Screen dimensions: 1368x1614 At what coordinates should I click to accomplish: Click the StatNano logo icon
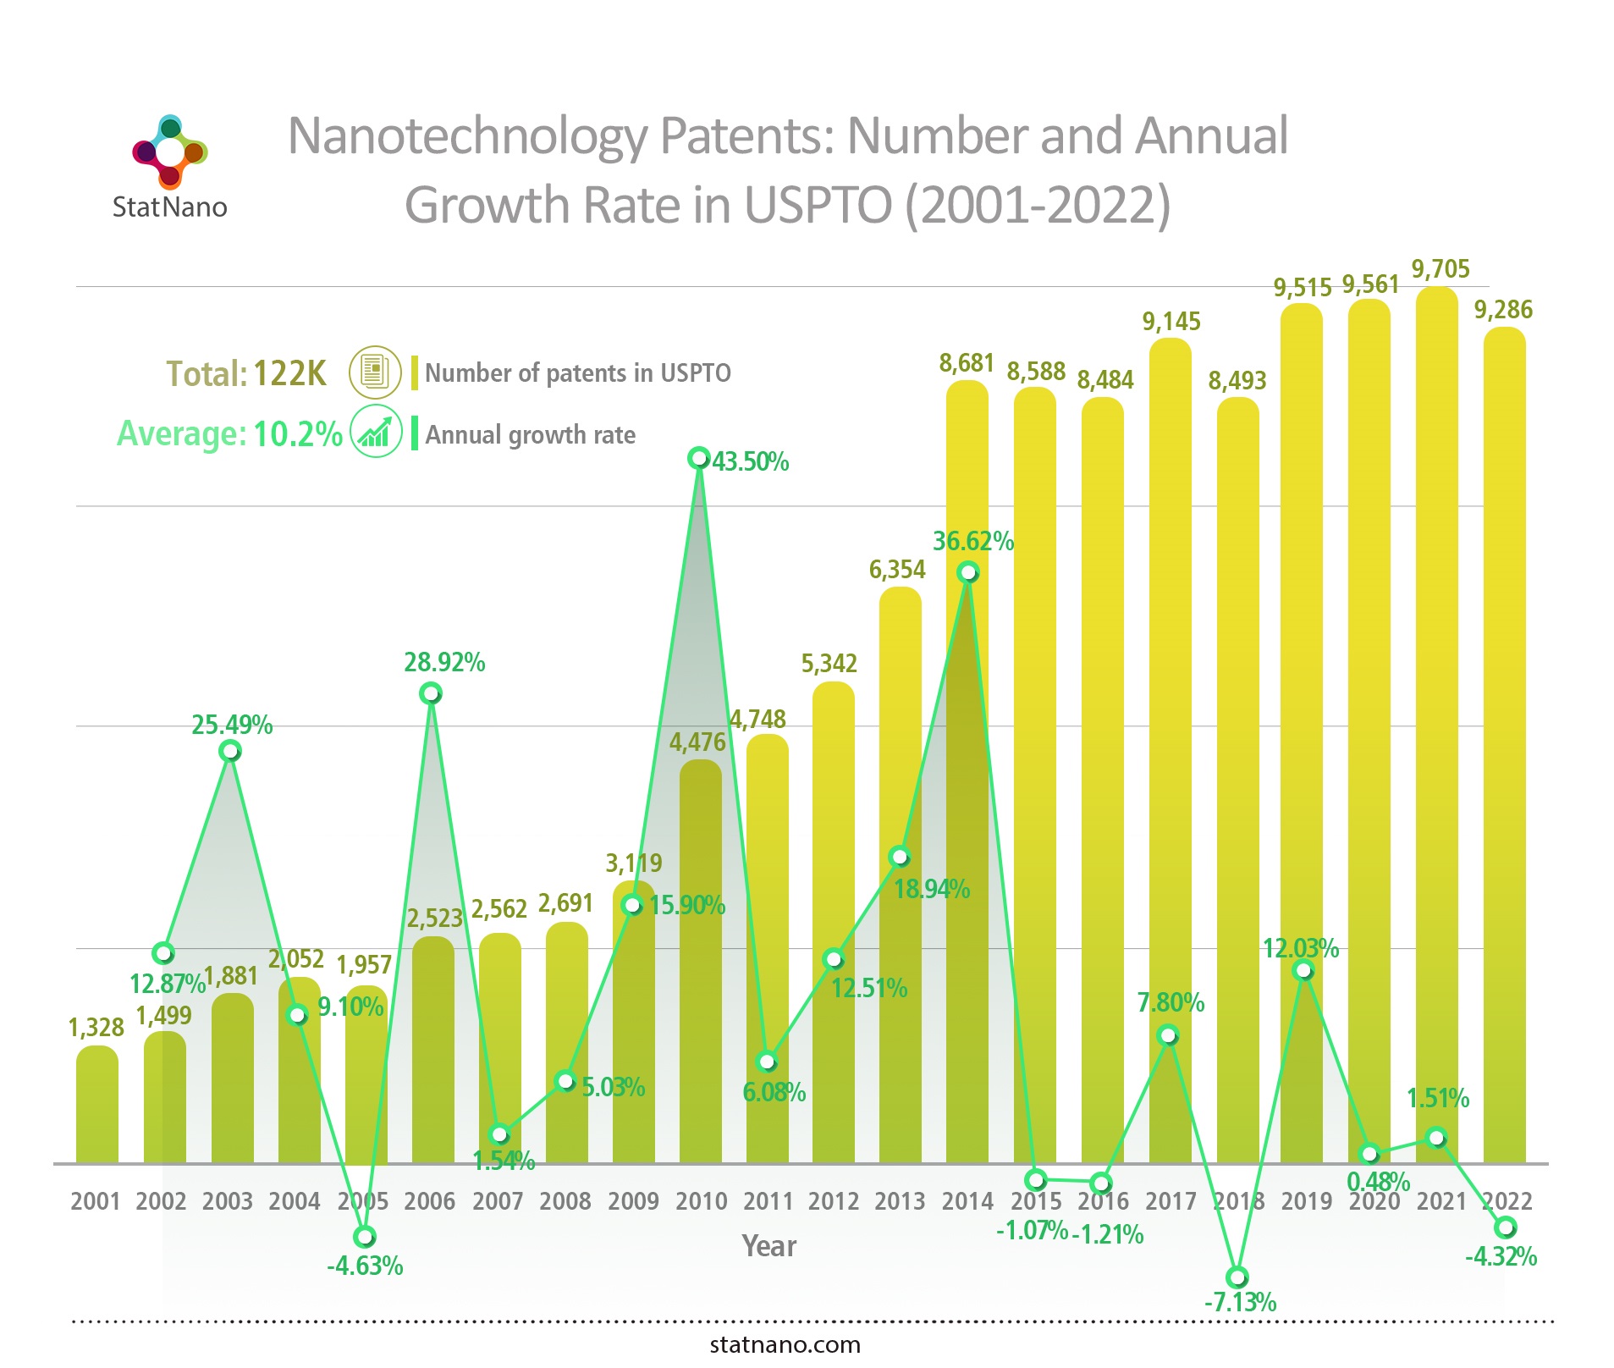(x=170, y=152)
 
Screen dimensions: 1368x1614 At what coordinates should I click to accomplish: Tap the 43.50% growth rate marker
(x=698, y=458)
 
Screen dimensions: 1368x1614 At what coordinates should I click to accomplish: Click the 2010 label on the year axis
(x=701, y=1201)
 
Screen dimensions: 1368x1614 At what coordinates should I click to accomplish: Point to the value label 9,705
(x=1440, y=269)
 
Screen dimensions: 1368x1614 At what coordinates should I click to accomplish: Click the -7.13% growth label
(x=1240, y=1301)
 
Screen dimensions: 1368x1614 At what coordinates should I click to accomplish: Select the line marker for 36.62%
(x=968, y=573)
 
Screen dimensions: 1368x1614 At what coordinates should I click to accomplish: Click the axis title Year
(x=768, y=1246)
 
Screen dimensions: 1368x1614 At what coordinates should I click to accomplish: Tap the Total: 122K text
(x=245, y=373)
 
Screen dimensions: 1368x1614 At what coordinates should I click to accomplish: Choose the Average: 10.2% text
(x=229, y=433)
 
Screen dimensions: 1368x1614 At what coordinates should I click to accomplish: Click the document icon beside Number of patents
(x=375, y=372)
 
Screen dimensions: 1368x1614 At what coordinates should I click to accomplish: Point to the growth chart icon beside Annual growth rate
(x=375, y=432)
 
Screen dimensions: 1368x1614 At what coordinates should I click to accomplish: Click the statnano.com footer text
(x=785, y=1344)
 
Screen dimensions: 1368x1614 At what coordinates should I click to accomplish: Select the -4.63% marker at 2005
(x=364, y=1237)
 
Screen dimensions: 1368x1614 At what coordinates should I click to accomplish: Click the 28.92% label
(x=444, y=662)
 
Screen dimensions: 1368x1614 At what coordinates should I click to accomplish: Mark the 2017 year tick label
(x=1171, y=1201)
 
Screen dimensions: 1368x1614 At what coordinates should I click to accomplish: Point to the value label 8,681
(x=966, y=363)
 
